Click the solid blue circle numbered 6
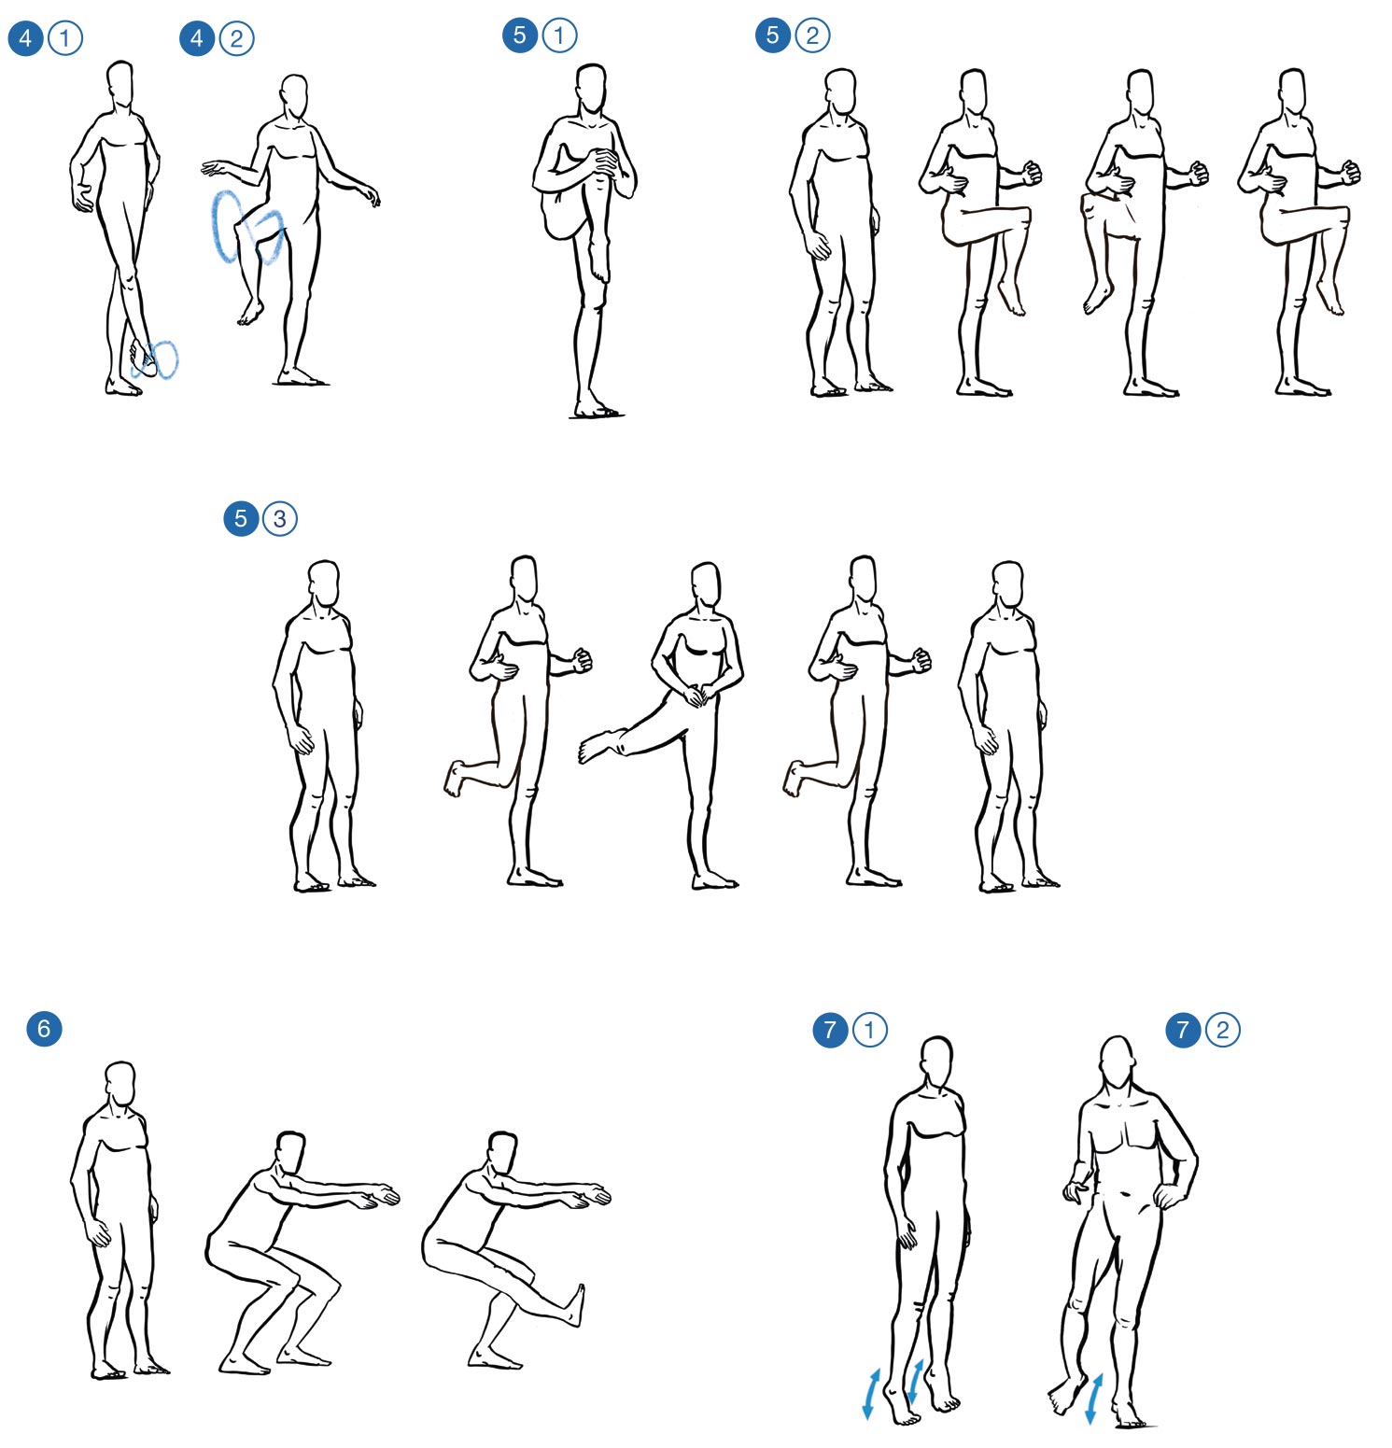(44, 1029)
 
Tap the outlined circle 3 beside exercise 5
(279, 518)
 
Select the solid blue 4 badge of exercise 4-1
(25, 38)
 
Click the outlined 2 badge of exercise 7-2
(1222, 1030)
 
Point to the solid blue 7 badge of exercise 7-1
(831, 1030)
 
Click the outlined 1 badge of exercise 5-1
(559, 35)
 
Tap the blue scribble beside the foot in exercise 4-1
(157, 359)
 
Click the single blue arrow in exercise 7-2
(1094, 1398)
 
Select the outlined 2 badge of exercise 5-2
(812, 35)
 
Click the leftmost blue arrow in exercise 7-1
(872, 1394)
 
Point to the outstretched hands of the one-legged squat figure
(597, 1194)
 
